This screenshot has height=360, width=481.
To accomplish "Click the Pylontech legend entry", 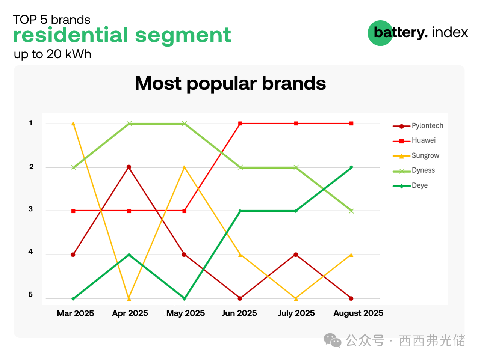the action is click(x=417, y=126).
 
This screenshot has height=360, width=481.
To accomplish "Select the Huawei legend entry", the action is click(x=414, y=140).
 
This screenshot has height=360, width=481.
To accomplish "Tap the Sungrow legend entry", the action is click(x=416, y=155).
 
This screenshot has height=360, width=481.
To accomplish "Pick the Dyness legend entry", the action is click(x=413, y=170).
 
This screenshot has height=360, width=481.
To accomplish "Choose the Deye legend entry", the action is click(x=410, y=185).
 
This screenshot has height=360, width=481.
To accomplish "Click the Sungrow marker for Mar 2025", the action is click(x=73, y=124).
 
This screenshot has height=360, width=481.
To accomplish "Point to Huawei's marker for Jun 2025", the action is click(x=240, y=124).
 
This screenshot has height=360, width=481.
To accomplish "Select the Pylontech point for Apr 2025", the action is click(x=129, y=167).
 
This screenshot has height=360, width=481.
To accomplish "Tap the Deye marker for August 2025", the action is click(x=351, y=167).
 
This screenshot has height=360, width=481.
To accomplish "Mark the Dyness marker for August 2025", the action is click(x=351, y=211).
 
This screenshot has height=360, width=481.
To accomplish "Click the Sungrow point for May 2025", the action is click(x=184, y=167).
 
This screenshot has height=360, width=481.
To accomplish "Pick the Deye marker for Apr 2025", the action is click(x=129, y=255).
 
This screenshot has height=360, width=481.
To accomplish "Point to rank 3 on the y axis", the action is click(x=30, y=209).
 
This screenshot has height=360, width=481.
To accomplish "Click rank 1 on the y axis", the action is click(x=31, y=123).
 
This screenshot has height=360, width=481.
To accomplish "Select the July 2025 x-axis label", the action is click(x=296, y=313).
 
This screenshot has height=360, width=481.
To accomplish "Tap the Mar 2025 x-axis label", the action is click(x=76, y=313).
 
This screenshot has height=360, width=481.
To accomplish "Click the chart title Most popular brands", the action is click(x=230, y=84).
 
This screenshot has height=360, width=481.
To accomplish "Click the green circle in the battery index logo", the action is click(x=380, y=33).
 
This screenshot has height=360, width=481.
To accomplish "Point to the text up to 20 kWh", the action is click(x=52, y=54).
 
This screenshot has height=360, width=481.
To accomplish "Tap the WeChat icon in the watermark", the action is click(x=333, y=340).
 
